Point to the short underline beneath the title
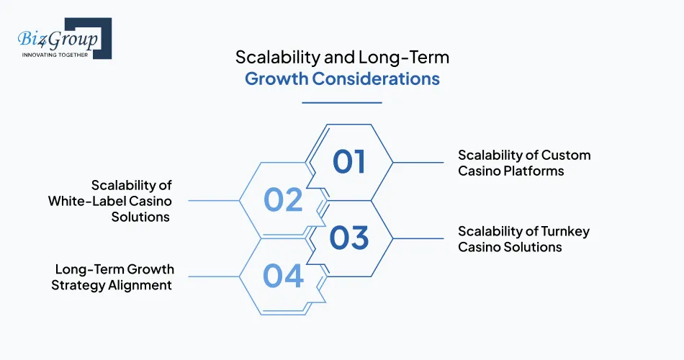341,102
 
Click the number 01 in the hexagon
349,161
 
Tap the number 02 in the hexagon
284,199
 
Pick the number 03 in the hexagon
349,238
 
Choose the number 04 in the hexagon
284,276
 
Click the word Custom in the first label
566,155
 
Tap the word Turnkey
563,231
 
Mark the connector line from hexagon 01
418,162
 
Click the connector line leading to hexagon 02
212,200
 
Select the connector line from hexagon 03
418,238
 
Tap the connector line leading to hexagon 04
212,276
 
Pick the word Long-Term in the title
411,55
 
